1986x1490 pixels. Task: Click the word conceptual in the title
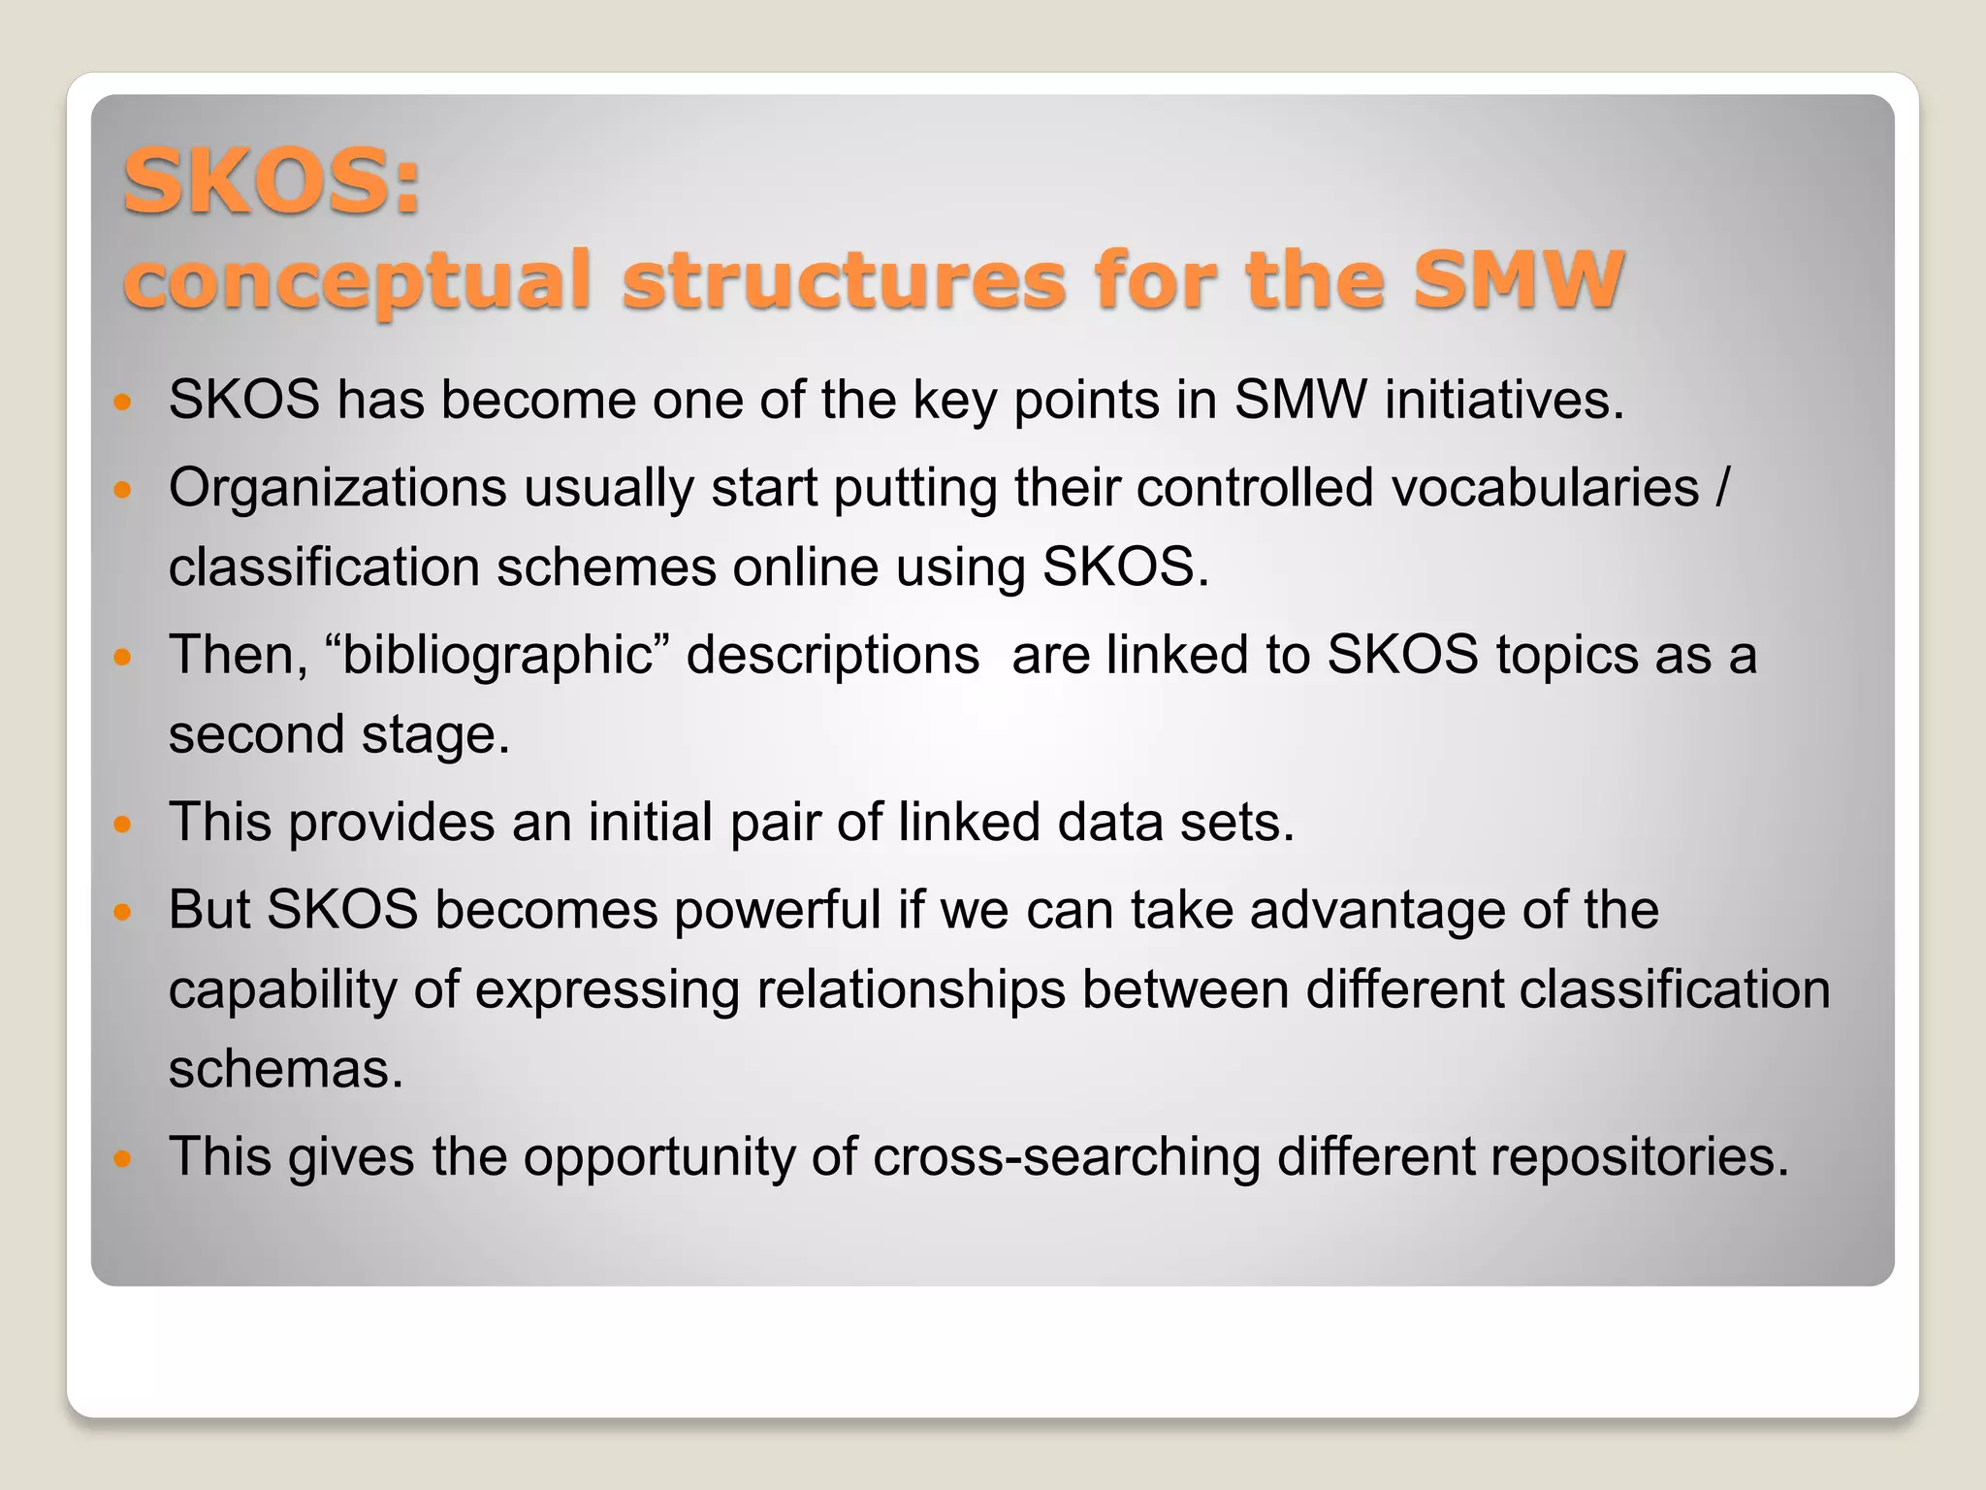tap(356, 281)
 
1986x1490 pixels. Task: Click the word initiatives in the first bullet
tap(1503, 400)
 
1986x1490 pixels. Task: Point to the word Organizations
tap(336, 487)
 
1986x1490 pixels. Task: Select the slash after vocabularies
tap(1721, 487)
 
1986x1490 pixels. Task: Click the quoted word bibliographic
tap(497, 655)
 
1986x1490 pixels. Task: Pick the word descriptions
tap(833, 655)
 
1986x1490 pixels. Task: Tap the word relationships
tap(911, 990)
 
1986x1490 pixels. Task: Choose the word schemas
tap(285, 1069)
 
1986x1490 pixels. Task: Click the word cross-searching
tap(1066, 1157)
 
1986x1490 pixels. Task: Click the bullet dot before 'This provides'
tap(121, 826)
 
